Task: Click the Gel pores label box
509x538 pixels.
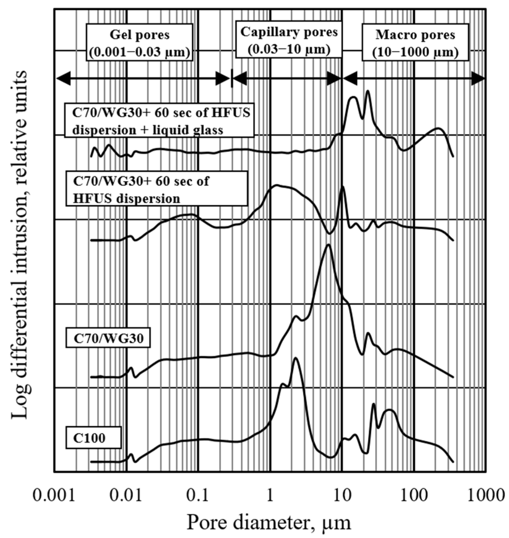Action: point(139,43)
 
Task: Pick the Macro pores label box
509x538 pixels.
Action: point(415,43)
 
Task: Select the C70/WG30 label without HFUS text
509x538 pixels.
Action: point(108,338)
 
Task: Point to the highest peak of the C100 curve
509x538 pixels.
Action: point(295,358)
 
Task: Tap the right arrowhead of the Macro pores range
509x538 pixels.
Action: point(478,79)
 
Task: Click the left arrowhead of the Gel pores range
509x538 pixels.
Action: point(63,79)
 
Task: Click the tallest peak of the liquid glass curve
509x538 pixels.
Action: point(368,91)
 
